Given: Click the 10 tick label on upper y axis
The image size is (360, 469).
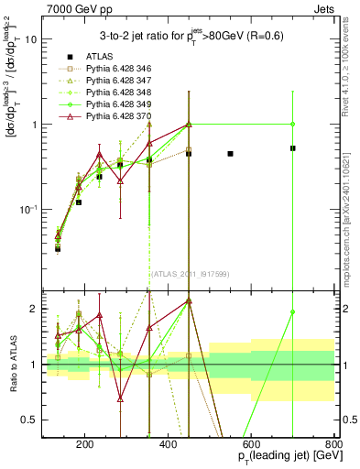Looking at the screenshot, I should coord(32,40).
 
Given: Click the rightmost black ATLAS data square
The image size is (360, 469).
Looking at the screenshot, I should coord(292,147).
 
